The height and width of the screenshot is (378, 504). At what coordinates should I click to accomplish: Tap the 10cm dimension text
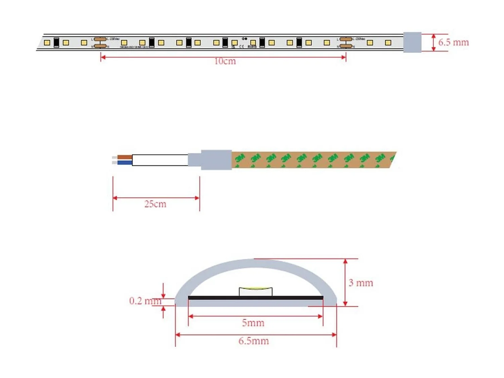coord(225,61)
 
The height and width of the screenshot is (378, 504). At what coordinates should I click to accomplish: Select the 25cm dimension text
coord(155,204)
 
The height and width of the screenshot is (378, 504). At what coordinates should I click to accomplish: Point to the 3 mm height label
coord(361,283)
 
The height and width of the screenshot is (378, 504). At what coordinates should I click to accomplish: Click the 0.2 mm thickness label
coord(145,301)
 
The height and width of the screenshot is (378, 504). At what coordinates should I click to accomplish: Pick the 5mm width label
coord(253,323)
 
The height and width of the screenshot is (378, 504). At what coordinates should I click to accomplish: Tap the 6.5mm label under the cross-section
coord(253,341)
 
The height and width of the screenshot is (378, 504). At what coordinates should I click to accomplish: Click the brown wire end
coord(124,157)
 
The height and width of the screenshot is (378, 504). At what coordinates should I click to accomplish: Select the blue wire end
coord(124,163)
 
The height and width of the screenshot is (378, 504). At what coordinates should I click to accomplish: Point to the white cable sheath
coord(160,160)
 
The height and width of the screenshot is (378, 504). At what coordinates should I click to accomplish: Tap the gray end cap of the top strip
coord(412,42)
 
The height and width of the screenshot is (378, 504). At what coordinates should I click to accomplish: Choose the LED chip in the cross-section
coord(255,291)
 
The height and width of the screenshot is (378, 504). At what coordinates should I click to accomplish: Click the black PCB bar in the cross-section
coord(255,298)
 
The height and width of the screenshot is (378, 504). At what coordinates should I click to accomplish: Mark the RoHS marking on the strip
coord(252,47)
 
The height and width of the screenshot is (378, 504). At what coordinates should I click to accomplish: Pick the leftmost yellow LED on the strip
coord(47,43)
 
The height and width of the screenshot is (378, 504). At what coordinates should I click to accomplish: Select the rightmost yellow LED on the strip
coord(388,43)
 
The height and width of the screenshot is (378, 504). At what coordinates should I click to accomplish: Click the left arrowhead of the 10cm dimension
coord(103,57)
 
